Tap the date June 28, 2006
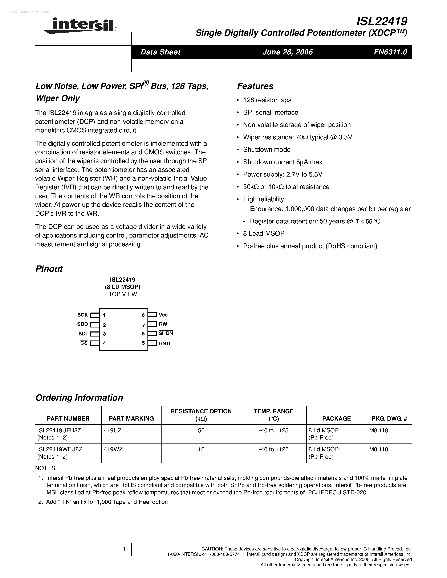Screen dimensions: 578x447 tap(288, 52)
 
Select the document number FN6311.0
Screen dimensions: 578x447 tap(390, 52)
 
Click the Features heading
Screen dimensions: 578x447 tap(255, 86)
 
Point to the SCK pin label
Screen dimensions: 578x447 tap(83, 315)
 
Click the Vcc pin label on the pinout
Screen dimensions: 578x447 tap(163, 315)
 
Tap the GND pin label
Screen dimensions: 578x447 tap(164, 343)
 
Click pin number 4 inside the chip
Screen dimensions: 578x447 tap(105, 343)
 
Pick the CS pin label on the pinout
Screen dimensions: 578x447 tap(84, 343)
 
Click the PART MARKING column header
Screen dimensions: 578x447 tap(131, 418)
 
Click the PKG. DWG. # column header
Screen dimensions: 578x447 tap(389, 418)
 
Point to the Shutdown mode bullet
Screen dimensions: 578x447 tap(267, 149)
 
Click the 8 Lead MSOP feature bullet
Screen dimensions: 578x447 tap(264, 234)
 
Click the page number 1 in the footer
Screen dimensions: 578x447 tap(124, 549)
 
